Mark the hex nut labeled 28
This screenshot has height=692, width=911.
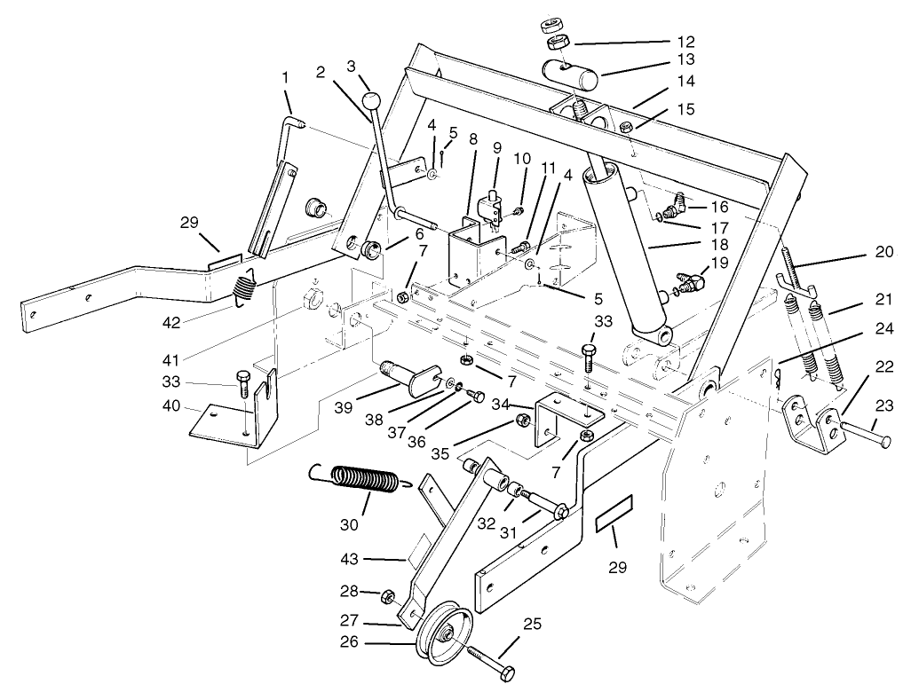click(x=387, y=595)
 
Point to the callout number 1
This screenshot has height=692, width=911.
click(x=286, y=78)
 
